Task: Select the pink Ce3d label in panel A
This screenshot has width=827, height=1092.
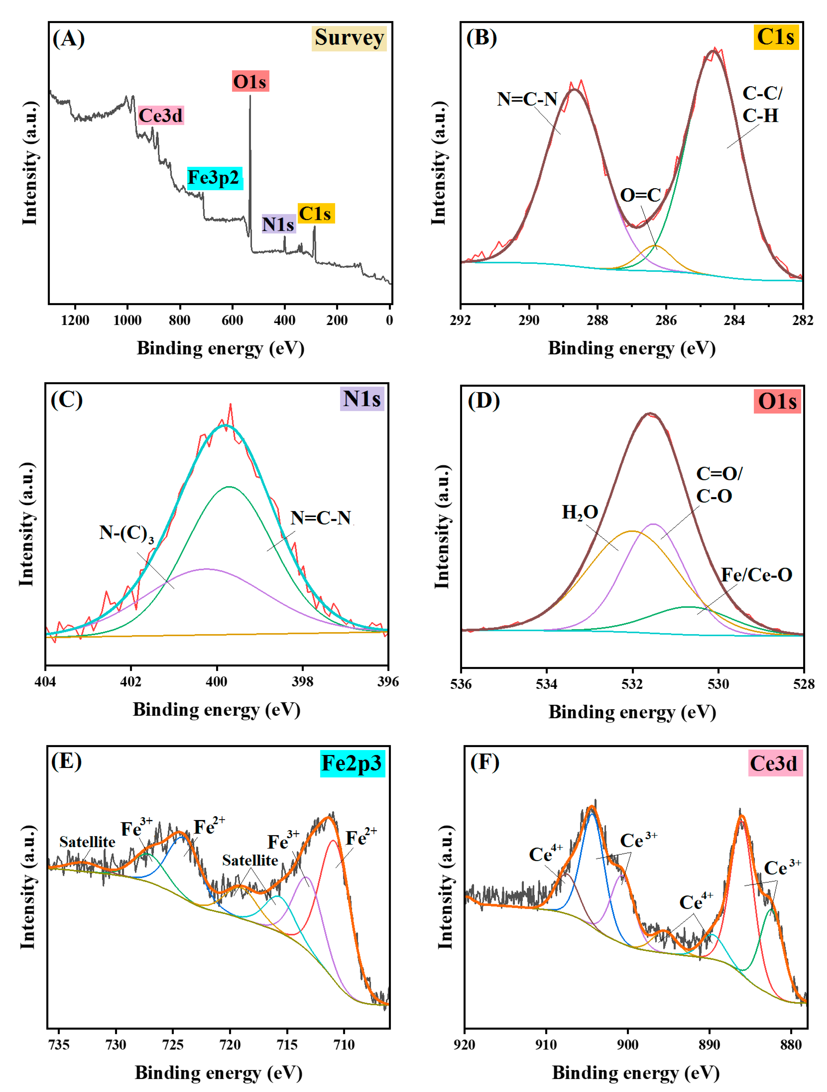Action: pyautogui.click(x=160, y=116)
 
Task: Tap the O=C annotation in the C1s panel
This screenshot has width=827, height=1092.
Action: pyautogui.click(x=640, y=195)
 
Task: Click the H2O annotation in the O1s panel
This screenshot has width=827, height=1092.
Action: pyautogui.click(x=580, y=512)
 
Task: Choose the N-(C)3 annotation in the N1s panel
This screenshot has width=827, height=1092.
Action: pyautogui.click(x=126, y=533)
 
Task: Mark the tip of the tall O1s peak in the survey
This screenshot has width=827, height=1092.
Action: pyautogui.click(x=250, y=96)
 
